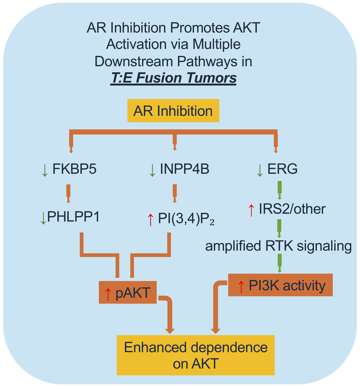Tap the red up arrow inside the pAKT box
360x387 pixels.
108,293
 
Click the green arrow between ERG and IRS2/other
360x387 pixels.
280,189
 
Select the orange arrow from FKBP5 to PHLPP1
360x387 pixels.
68,193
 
